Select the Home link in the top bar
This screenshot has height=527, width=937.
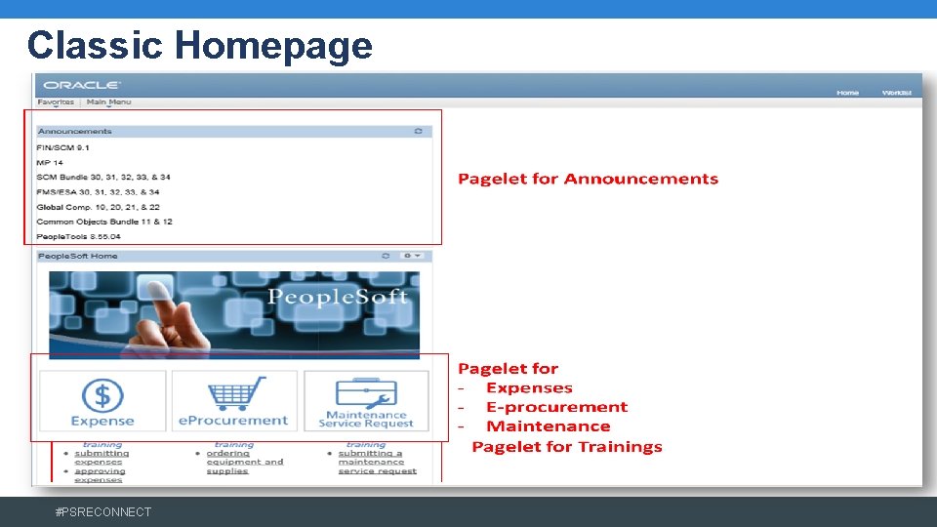pos(847,93)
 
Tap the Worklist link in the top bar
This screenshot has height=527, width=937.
pos(896,93)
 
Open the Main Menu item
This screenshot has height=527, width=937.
pos(108,101)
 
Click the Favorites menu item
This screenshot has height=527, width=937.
pos(56,101)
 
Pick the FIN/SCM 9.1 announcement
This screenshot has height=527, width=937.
pos(63,147)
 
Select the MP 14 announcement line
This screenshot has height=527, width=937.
pos(50,162)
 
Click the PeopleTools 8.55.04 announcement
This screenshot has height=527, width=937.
pos(78,236)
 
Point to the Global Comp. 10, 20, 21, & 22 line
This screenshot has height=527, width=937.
pos(98,207)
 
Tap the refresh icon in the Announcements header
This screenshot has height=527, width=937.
pos(419,131)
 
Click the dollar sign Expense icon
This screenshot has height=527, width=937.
pos(102,394)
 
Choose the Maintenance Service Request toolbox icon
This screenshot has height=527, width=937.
pos(366,392)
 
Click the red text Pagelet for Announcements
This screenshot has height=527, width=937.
pos(588,179)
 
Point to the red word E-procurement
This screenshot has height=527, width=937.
pos(556,407)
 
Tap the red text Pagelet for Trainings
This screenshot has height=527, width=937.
pos(566,447)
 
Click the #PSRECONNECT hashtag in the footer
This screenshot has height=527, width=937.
pos(103,511)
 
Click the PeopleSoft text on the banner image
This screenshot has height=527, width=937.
pos(338,297)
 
